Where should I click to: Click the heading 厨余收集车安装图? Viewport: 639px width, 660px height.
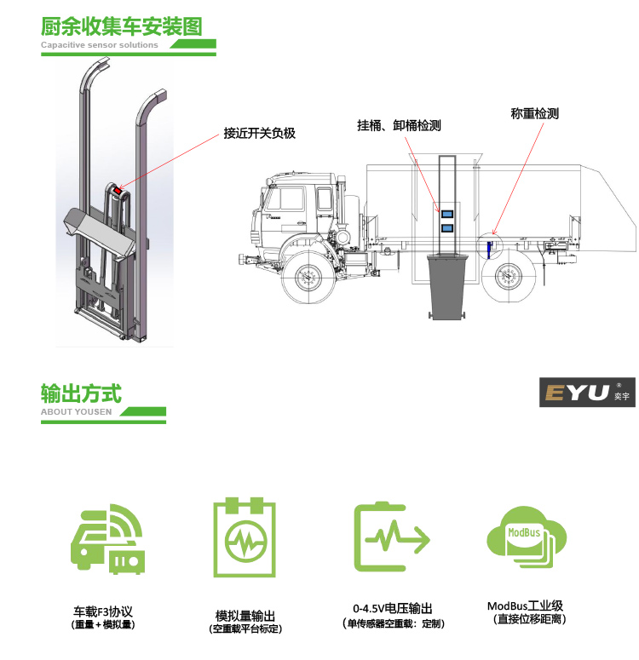click(122, 25)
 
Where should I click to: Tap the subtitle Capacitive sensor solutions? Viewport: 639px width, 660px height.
click(100, 45)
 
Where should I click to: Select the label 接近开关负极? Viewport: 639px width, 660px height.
click(259, 133)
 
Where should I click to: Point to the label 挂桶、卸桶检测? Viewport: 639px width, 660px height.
click(398, 125)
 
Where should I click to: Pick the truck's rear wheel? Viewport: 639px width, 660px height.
click(508, 277)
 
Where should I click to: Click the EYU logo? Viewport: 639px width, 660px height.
click(587, 393)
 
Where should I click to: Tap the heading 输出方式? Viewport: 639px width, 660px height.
click(81, 393)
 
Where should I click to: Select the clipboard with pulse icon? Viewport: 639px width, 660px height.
click(245, 539)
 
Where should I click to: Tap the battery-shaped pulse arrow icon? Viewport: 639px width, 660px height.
click(391, 537)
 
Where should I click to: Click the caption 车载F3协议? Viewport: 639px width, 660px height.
click(104, 611)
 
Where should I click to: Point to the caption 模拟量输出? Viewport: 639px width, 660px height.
click(245, 616)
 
